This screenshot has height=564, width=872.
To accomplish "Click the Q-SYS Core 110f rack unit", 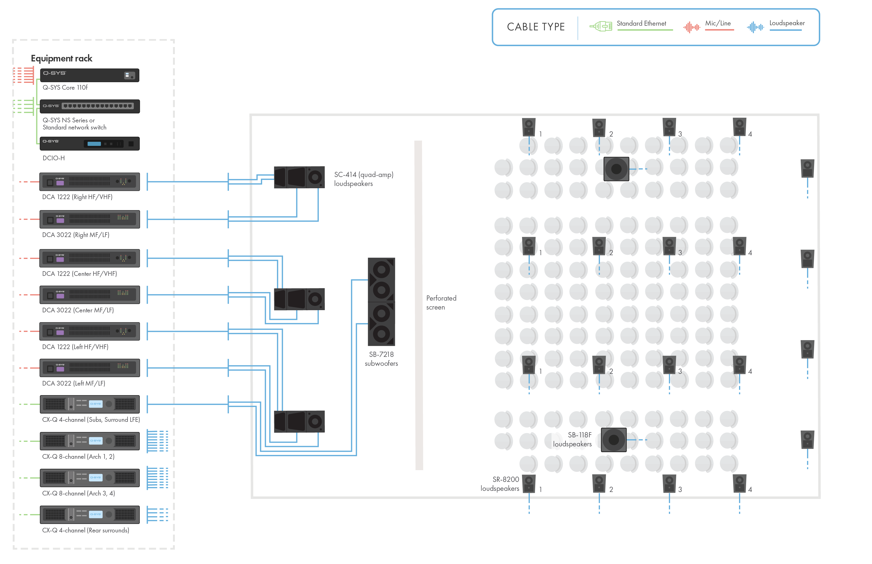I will (89, 75).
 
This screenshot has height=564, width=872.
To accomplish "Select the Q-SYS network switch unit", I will (89, 106).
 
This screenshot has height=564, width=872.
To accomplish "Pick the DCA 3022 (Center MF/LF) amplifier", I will (89, 295).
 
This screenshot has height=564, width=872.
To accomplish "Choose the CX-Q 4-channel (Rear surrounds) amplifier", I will (89, 515).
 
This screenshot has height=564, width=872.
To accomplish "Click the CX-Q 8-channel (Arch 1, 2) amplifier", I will (89, 441).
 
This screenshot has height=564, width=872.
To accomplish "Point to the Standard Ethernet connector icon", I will (601, 26).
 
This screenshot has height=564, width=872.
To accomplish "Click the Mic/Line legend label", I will (718, 23).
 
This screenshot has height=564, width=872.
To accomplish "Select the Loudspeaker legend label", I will (787, 23).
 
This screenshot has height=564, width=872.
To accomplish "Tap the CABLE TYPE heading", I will (536, 27).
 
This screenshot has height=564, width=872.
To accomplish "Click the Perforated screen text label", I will (441, 302).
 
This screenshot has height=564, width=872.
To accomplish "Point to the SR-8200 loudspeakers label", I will (500, 484).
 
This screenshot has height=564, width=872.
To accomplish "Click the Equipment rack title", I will (61, 59).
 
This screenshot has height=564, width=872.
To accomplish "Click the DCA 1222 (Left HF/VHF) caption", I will (75, 347).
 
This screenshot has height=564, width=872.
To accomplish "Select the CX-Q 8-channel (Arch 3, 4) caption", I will (78, 493).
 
